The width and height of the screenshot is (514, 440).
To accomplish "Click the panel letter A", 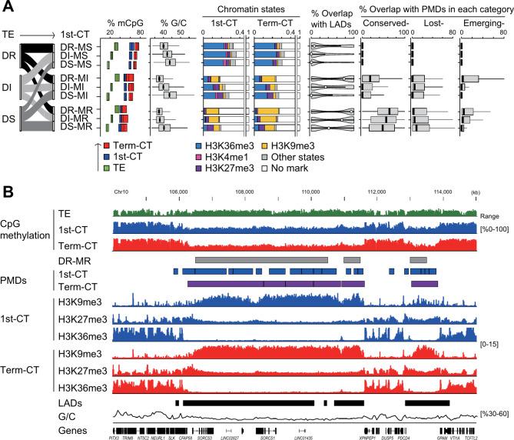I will point(8,7).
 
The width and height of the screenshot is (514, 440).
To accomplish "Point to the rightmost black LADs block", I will point(426,402).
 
